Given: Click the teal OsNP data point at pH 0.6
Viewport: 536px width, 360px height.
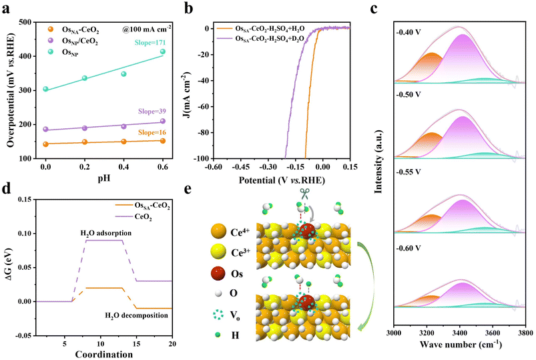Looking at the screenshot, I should point(162,51).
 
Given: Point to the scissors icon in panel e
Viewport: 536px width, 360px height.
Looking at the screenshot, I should point(304,194).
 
